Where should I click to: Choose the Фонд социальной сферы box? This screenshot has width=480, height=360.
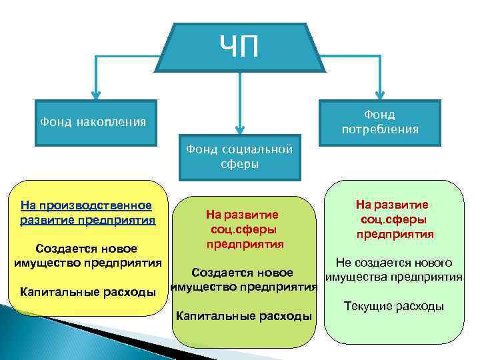tap(239, 157)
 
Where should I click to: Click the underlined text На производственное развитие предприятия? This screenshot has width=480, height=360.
tap(87, 213)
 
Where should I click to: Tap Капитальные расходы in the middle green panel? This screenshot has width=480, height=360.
tap(243, 315)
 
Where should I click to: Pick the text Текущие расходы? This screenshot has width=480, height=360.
tap(393, 306)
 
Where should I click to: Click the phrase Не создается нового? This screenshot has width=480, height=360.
tap(395, 263)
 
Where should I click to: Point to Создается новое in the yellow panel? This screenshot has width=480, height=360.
tap(87, 249)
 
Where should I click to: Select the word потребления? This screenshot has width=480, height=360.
tap(380, 129)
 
